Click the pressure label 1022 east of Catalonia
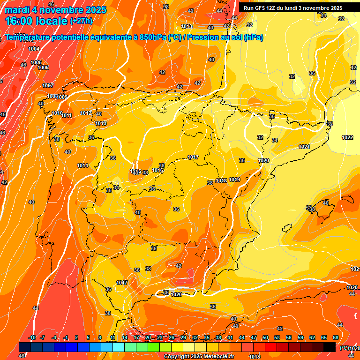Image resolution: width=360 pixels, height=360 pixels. [347, 137]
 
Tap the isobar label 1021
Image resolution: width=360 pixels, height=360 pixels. [304, 147]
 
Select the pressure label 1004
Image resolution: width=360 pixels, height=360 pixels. [34, 49]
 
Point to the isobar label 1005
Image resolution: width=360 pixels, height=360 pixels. [36, 62]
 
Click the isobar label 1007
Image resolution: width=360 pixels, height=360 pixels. [48, 85]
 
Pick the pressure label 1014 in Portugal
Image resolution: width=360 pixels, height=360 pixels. [82, 165]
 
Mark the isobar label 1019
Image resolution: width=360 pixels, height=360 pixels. [235, 180]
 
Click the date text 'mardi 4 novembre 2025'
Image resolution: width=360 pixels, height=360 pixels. [56, 10]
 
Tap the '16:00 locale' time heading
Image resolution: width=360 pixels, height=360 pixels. [36, 21]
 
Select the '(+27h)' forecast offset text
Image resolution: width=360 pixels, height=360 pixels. [81, 21]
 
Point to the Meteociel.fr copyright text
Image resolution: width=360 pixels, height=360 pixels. [199, 357]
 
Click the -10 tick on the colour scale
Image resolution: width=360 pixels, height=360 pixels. [32, 337]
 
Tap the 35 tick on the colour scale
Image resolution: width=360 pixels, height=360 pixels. [207, 337]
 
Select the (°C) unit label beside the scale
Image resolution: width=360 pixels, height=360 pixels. [344, 348]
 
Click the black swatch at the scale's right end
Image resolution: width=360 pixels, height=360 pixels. [330, 347]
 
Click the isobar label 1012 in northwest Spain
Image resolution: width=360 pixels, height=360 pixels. [86, 113]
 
